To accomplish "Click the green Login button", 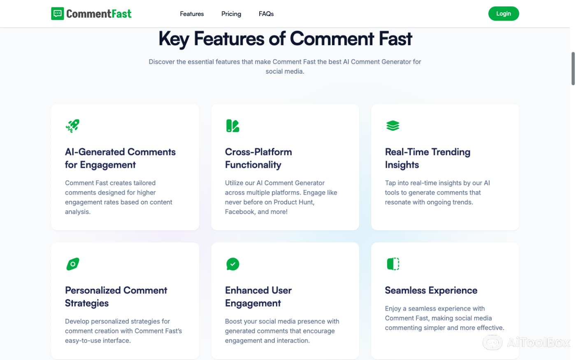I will click(x=503, y=14).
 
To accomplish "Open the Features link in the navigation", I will click(x=192, y=14).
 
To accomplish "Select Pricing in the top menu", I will click(x=231, y=14).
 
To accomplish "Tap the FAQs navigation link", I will click(x=266, y=14).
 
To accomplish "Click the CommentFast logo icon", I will click(x=58, y=14).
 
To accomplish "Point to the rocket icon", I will click(x=72, y=125).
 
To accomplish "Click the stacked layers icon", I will click(x=393, y=125).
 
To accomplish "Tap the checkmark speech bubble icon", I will click(x=232, y=264).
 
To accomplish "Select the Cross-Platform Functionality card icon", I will click(x=232, y=125).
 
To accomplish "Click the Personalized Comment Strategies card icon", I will click(x=73, y=264).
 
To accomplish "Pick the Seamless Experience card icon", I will click(x=393, y=264).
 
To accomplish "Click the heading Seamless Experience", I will click(x=431, y=290).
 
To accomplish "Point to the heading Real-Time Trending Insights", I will click(x=427, y=158).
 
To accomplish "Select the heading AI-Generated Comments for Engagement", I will click(x=120, y=158).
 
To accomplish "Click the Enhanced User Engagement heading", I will click(x=258, y=297).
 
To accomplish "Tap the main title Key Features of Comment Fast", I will click(x=285, y=39).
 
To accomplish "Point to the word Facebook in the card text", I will click(x=240, y=212).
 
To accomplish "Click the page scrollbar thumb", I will click(x=573, y=69).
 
